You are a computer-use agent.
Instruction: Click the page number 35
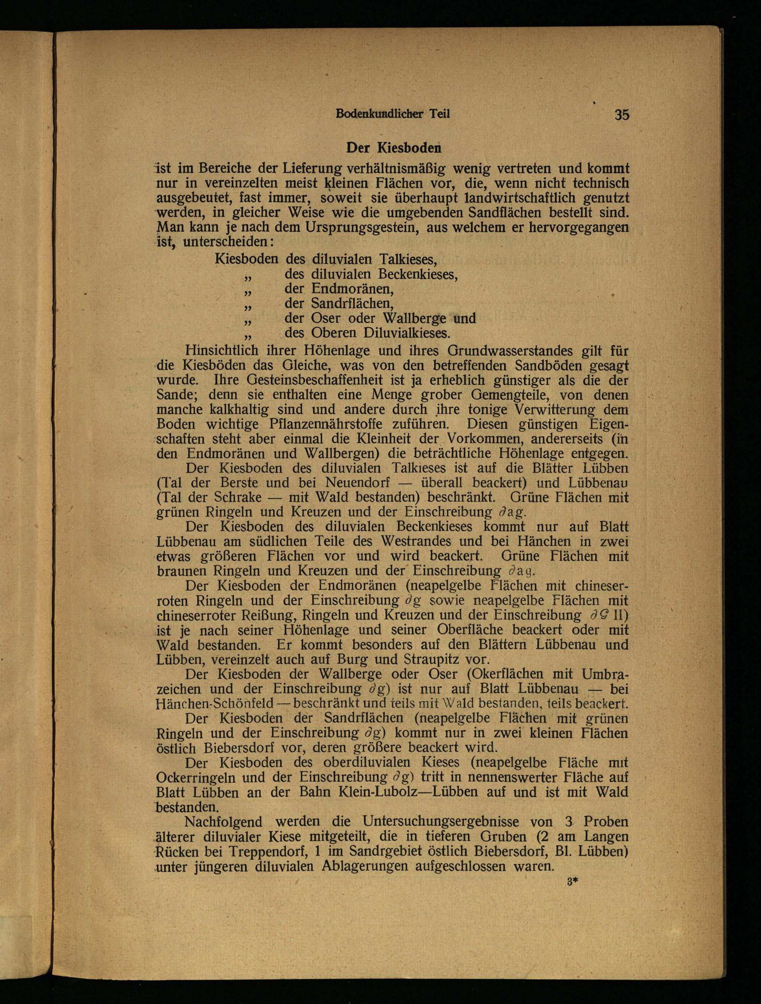(x=622, y=114)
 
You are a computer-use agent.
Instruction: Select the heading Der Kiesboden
(x=394, y=148)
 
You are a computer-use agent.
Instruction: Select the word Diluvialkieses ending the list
(x=406, y=333)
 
